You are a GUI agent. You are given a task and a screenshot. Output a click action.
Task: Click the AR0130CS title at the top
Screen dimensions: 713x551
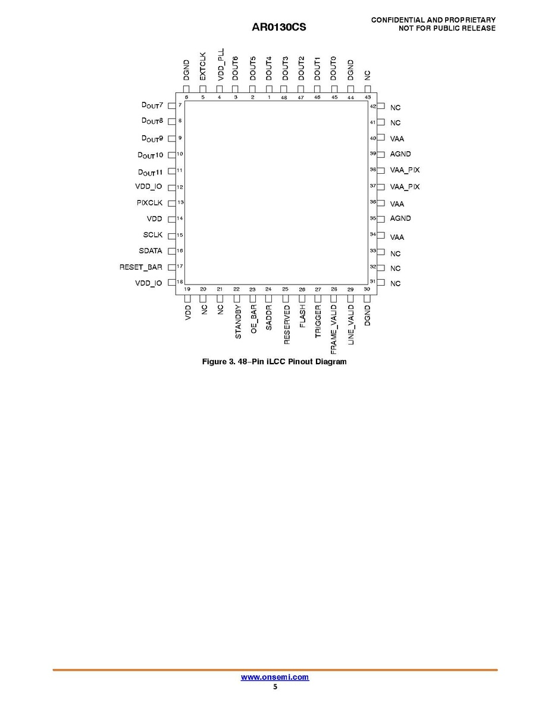(x=279, y=27)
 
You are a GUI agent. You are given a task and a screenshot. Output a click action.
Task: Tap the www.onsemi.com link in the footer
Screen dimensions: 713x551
(x=275, y=677)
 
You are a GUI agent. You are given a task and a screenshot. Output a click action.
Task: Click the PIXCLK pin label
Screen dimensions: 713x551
(x=149, y=203)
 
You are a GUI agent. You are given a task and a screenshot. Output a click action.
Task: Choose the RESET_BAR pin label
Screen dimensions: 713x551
(x=141, y=267)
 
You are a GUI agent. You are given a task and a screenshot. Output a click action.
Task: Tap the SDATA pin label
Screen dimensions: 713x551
(x=151, y=251)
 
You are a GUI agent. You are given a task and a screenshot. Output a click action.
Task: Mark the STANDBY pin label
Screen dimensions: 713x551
(x=237, y=321)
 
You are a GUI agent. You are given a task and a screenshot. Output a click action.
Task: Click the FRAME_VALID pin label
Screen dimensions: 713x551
(x=334, y=326)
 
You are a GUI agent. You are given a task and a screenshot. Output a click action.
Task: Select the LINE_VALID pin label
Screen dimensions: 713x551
(x=351, y=325)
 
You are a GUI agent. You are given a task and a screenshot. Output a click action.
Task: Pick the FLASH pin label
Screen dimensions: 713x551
(x=302, y=317)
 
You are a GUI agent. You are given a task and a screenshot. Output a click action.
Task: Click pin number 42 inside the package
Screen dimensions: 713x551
(x=373, y=107)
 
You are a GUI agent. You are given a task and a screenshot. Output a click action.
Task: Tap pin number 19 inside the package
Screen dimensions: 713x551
(x=187, y=289)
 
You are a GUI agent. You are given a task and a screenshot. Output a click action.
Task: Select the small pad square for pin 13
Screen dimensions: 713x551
(x=171, y=203)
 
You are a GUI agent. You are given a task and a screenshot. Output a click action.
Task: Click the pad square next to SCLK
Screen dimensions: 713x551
(x=171, y=235)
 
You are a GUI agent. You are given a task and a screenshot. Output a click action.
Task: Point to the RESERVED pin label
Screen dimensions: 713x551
(x=286, y=324)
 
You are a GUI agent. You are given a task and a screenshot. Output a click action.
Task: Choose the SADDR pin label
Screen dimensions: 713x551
(x=269, y=318)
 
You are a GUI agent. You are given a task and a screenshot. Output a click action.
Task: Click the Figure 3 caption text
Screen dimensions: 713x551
(x=274, y=362)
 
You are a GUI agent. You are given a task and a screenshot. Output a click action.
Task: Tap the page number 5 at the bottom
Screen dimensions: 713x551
(x=275, y=687)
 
